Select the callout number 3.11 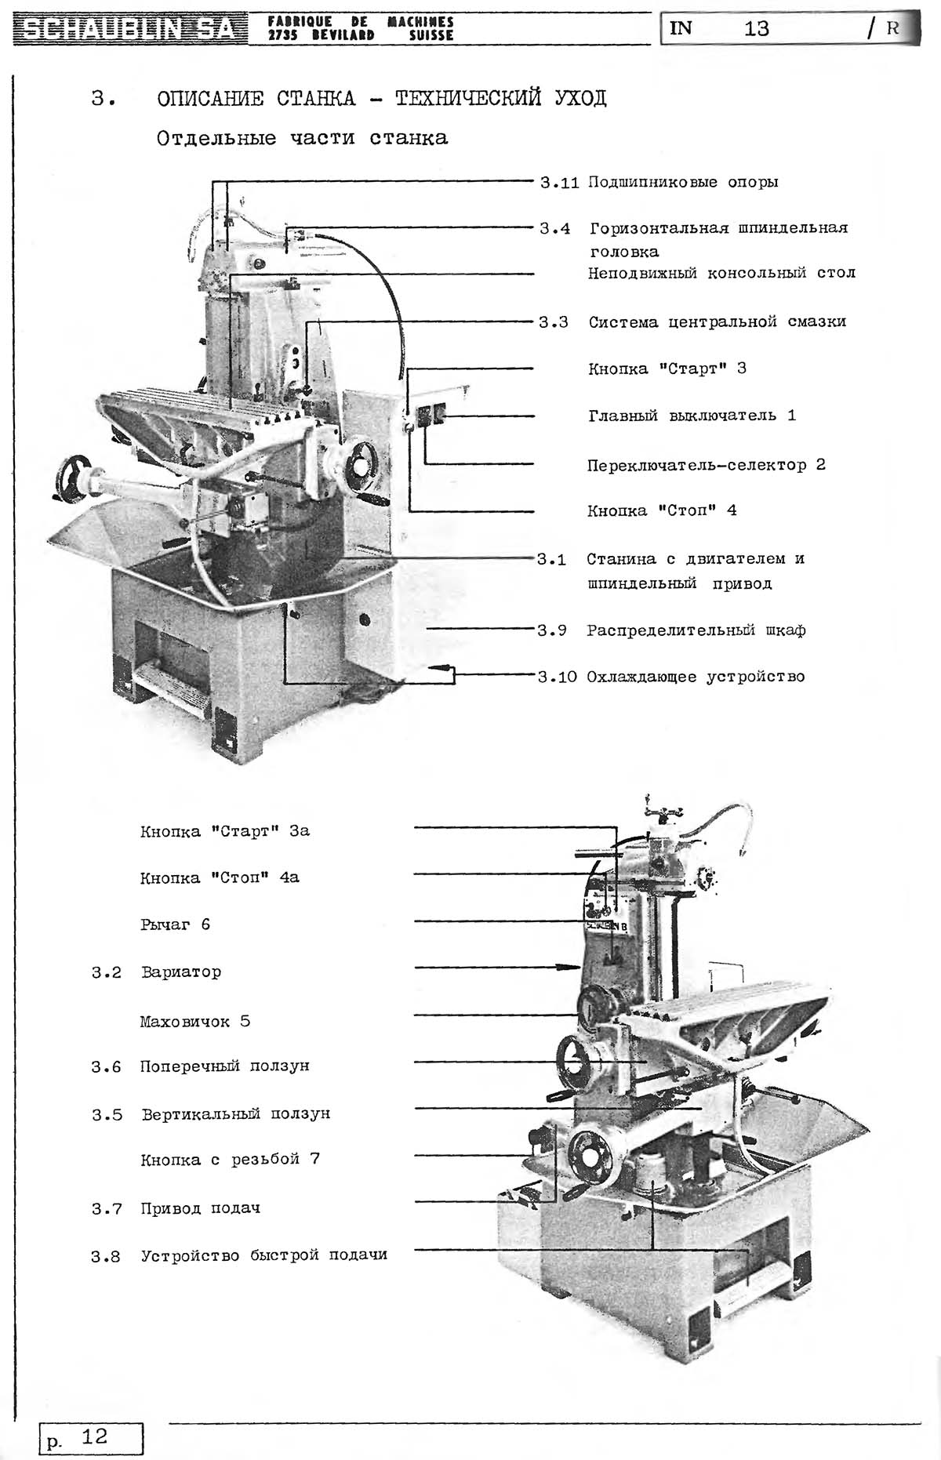pos(559,183)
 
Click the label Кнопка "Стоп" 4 pos(662,511)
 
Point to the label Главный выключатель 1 pos(692,416)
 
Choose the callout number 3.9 pos(552,630)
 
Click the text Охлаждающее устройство pos(696,677)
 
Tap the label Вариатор pos(181,972)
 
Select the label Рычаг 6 pos(176,924)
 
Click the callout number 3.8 pos(106,1257)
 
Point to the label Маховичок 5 pos(195,1022)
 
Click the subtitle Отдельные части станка pos(302,139)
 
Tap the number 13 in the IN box pos(757,29)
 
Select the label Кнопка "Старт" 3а pos(225,831)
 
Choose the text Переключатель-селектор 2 pos(707,465)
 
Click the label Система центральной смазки pos(718,322)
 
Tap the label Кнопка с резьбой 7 pos(230,1160)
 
